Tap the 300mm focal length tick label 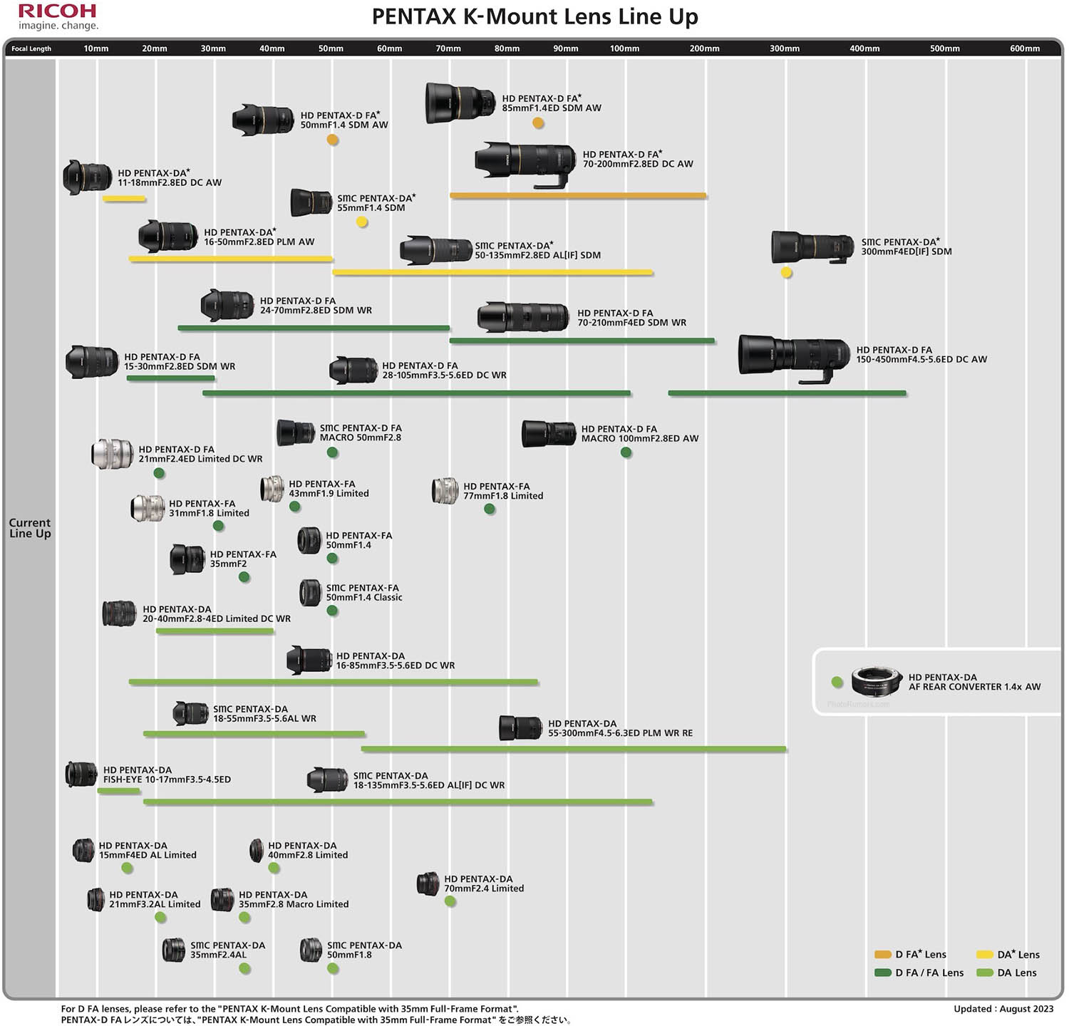click(784, 48)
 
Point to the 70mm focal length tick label click(448, 48)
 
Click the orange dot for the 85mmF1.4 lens click(538, 123)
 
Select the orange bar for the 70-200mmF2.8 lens click(577, 195)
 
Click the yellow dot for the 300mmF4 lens click(786, 272)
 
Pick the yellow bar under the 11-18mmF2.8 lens click(124, 199)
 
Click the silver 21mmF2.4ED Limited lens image click(112, 454)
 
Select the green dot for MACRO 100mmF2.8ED click(626, 452)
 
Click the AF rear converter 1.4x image click(877, 681)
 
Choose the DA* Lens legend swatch click(984, 955)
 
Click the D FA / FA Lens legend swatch click(883, 973)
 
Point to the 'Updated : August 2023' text click(1003, 1009)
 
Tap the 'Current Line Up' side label click(30, 528)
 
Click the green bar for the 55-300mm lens click(574, 749)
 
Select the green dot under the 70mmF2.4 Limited click(450, 901)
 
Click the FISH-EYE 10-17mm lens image click(81, 774)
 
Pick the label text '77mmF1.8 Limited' click(503, 496)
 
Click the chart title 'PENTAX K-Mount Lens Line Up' click(534, 16)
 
